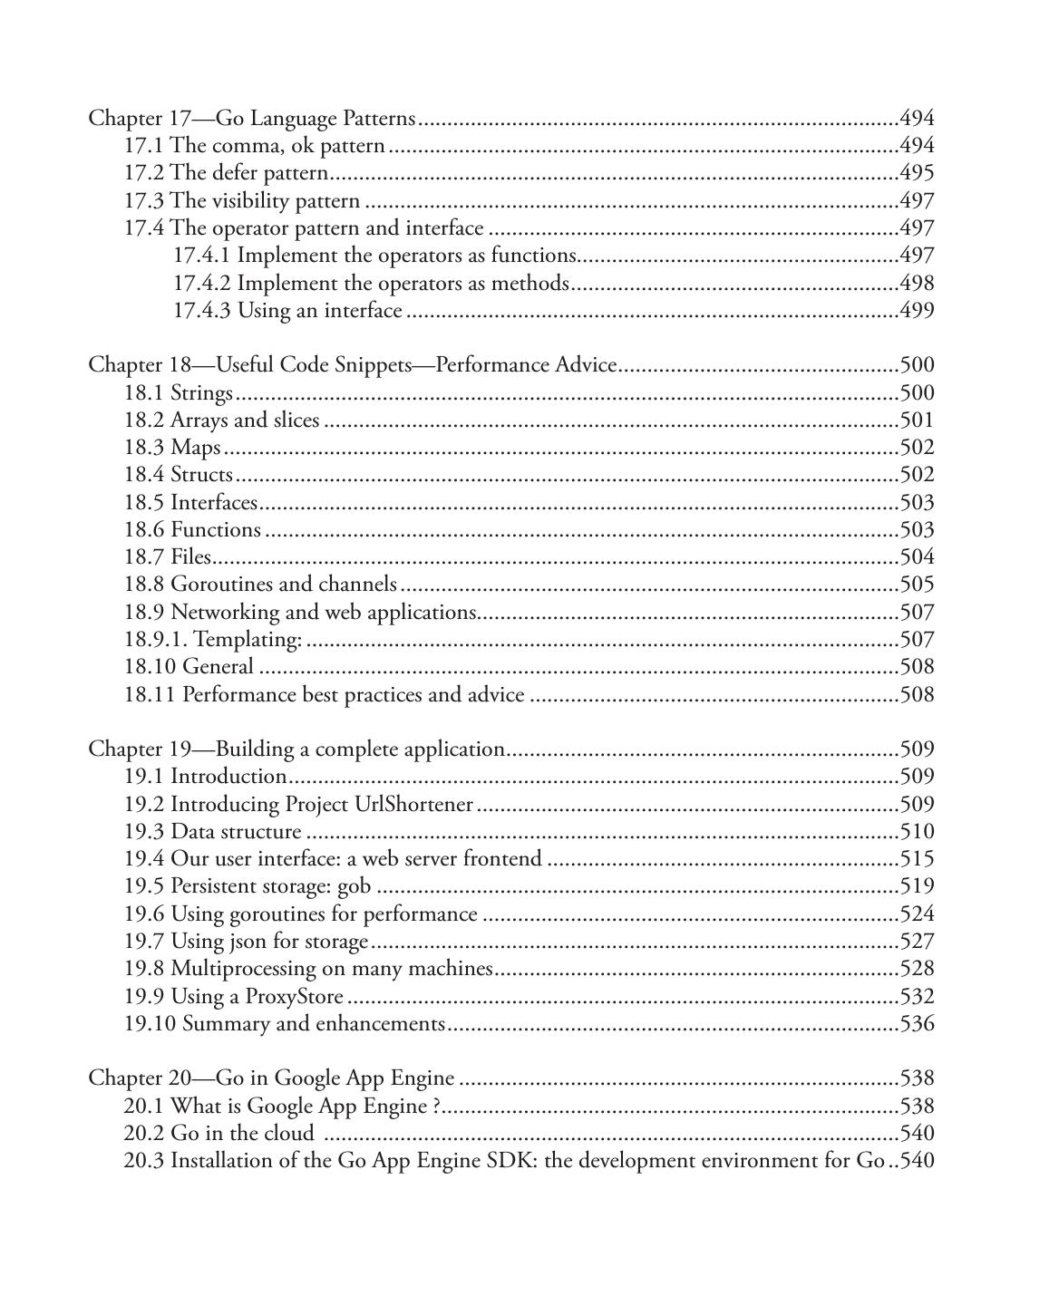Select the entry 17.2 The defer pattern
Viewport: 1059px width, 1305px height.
pyautogui.click(x=226, y=173)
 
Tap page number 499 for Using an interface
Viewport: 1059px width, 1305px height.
pyautogui.click(x=917, y=311)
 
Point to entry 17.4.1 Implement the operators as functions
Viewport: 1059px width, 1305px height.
pyautogui.click(x=375, y=256)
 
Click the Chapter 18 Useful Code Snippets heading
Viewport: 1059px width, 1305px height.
pyautogui.click(x=352, y=365)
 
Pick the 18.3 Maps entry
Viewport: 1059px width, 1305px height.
pyautogui.click(x=172, y=448)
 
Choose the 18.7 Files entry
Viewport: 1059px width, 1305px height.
pyautogui.click(x=168, y=557)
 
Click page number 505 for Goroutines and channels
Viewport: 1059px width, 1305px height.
pyautogui.click(x=917, y=585)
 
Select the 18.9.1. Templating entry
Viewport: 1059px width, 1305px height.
pyautogui.click(x=213, y=640)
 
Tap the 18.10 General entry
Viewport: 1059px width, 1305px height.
pyautogui.click(x=189, y=667)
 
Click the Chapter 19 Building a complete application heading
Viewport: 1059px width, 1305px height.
pyautogui.click(x=296, y=749)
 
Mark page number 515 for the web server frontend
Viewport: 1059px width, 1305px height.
pyautogui.click(x=917, y=859)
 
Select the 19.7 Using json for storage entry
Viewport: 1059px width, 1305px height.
pyautogui.click(x=247, y=942)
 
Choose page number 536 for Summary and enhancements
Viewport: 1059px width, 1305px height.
pyautogui.click(x=917, y=1024)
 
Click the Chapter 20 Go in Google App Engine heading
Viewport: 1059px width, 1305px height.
pyautogui.click(x=271, y=1078)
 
